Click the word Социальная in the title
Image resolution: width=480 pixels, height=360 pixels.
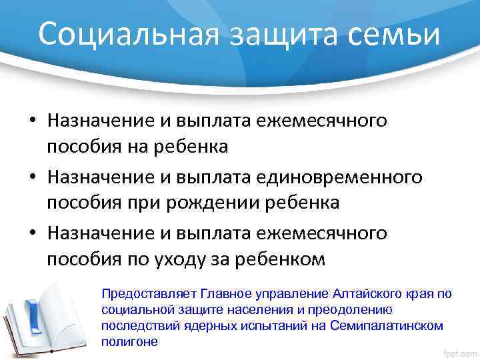coord(125,33)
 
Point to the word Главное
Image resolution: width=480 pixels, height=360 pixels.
coord(203,293)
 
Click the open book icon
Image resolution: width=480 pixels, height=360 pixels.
coord(47,313)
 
